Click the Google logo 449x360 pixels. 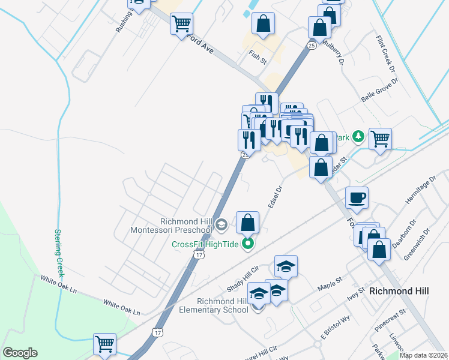[x=20, y=353]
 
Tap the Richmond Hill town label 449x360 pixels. [x=399, y=291]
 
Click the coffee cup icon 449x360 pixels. [x=357, y=197]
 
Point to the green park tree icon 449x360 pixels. [x=358, y=137]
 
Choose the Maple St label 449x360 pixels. [x=330, y=280]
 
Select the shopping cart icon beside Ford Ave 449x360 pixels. [x=181, y=24]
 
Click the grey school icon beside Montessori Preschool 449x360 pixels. [x=221, y=225]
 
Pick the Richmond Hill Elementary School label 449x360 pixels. [x=214, y=305]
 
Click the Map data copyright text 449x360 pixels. [x=423, y=355]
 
